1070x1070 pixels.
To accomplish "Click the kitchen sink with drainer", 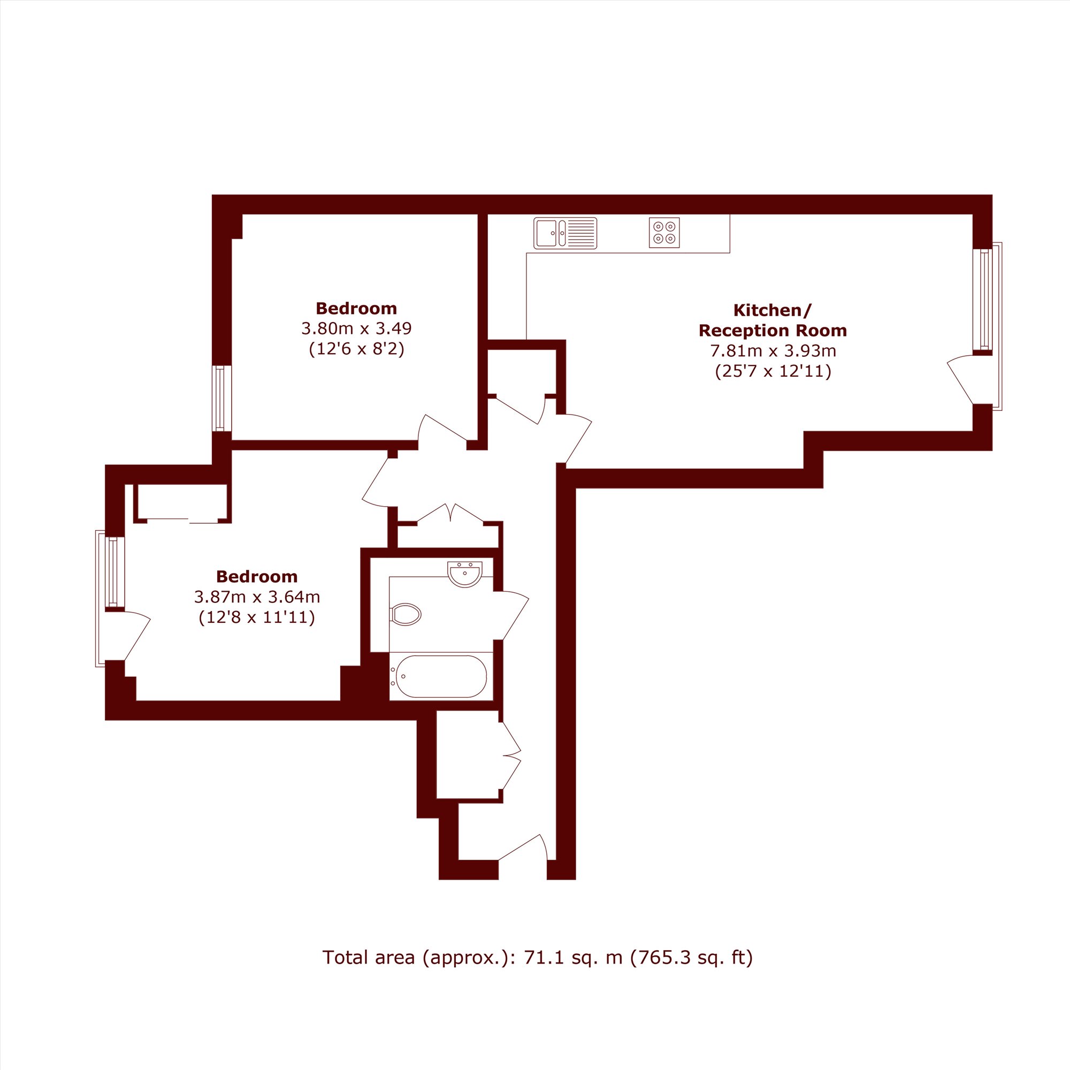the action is tap(565, 233).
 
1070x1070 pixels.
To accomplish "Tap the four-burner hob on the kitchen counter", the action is tap(664, 233).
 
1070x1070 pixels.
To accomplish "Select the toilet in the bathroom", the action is tap(406, 614).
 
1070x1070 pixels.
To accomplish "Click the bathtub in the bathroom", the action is tap(441, 676).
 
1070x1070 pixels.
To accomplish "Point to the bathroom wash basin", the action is tap(465, 574).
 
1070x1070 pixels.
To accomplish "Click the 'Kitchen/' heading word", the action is tap(773, 310).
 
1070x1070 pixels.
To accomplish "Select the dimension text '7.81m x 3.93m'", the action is tap(773, 350).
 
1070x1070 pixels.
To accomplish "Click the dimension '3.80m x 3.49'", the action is tap(357, 328).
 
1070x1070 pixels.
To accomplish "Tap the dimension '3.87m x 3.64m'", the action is tap(257, 597).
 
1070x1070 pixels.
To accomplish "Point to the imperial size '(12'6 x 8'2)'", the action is tap(357, 349).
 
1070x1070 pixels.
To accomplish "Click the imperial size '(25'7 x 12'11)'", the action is tap(773, 371).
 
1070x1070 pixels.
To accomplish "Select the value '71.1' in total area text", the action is tap(537, 957).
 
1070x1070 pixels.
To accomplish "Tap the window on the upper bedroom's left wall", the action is tap(221, 398).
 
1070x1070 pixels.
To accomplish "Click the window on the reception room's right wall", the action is tap(985, 300).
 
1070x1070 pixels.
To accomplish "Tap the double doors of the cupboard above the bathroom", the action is tap(450, 513).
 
